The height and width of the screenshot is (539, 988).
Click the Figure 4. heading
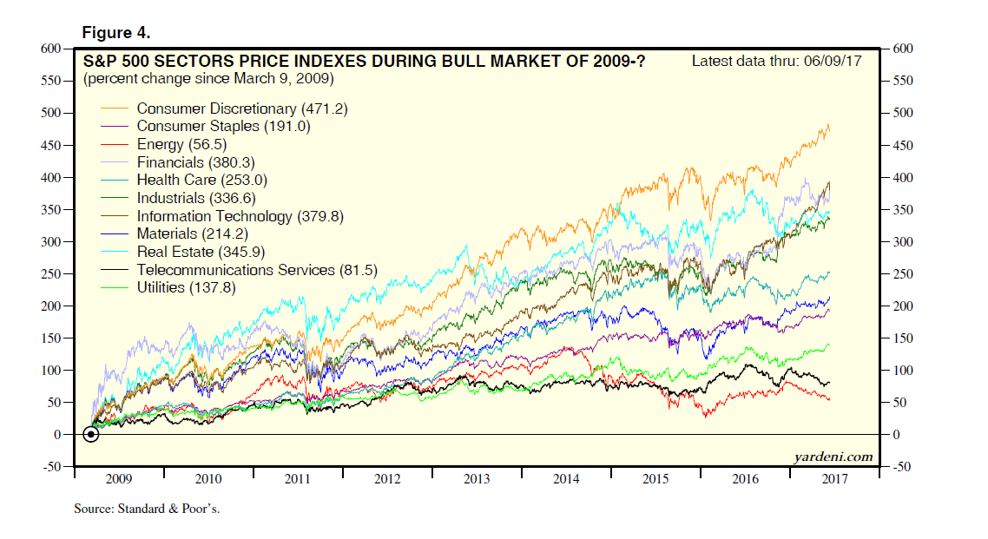click(x=116, y=33)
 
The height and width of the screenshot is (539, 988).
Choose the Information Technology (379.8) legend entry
click(x=240, y=216)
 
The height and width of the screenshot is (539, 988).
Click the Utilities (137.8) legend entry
click(x=186, y=287)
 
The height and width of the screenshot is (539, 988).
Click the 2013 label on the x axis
click(x=478, y=478)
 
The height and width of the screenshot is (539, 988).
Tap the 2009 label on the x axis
click(x=119, y=478)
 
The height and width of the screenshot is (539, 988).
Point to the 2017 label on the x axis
click(x=835, y=478)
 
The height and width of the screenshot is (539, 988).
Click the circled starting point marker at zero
click(x=90, y=434)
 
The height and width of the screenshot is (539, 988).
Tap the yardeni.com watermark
click(x=833, y=457)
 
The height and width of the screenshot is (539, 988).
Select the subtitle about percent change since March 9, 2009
click(x=208, y=79)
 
